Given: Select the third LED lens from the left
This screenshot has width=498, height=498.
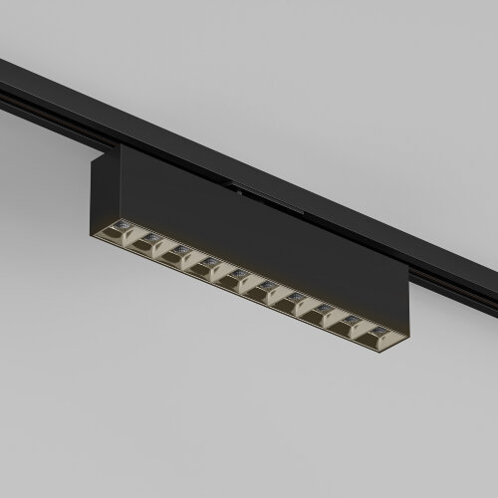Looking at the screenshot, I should click(x=181, y=250).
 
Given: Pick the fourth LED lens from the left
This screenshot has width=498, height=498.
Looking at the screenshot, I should click(x=210, y=262).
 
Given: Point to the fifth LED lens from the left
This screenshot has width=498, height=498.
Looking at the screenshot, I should click(x=239, y=274).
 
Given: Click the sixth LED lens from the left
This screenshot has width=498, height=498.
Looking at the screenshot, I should click(x=268, y=286).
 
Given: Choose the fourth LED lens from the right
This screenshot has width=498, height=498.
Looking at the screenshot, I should click(x=297, y=298).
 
